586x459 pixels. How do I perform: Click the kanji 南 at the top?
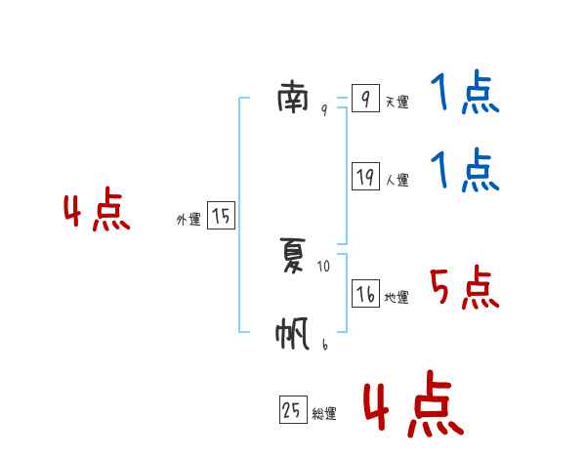click(x=293, y=98)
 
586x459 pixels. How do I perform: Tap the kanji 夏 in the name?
click(x=293, y=257)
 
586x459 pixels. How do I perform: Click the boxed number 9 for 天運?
click(x=365, y=99)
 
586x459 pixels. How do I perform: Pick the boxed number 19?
click(x=365, y=177)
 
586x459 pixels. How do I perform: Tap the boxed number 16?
click(x=365, y=294)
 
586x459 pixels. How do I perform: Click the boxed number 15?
click(x=221, y=216)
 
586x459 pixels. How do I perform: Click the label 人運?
click(x=397, y=181)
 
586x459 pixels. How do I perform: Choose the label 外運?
click(x=188, y=221)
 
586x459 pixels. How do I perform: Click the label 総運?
click(x=324, y=414)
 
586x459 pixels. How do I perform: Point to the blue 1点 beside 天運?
click(x=464, y=95)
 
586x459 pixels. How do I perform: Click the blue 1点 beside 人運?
click(x=464, y=172)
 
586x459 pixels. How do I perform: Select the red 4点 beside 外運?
click(x=97, y=213)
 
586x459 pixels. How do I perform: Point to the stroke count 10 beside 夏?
click(x=324, y=266)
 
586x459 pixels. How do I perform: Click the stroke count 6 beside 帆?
click(x=324, y=344)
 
